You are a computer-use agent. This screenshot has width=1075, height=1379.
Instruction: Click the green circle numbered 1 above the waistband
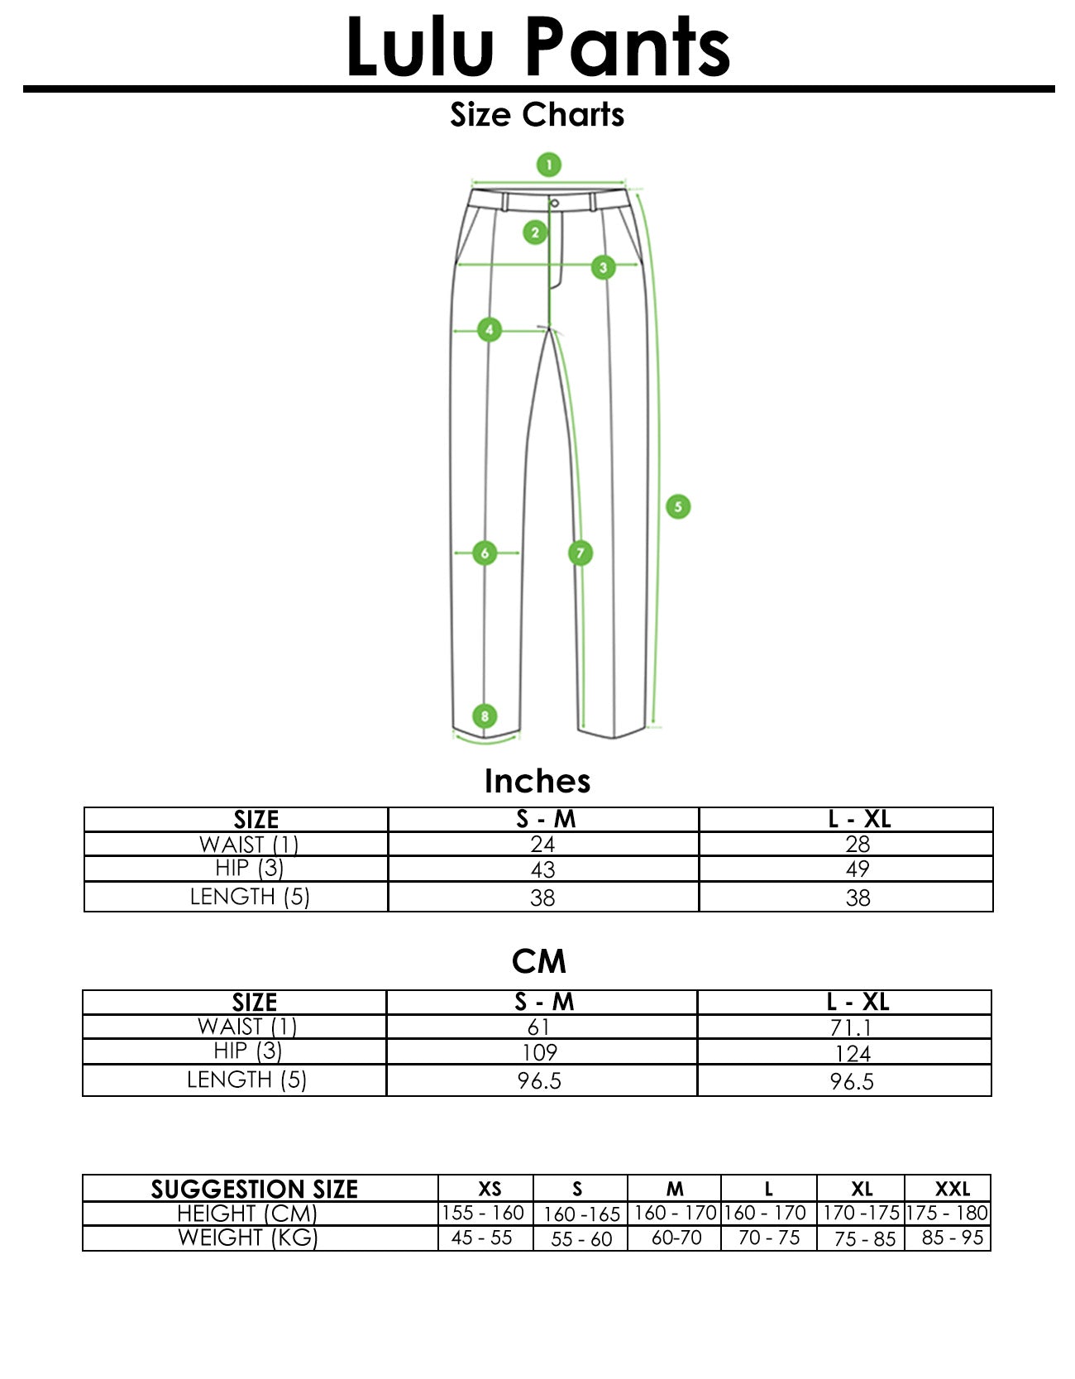tap(548, 165)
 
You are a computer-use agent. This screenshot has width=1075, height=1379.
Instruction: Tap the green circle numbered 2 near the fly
tap(535, 232)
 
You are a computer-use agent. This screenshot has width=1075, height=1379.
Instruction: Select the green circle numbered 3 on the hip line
tap(603, 267)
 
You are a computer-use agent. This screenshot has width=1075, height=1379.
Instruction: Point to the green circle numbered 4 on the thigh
tap(490, 330)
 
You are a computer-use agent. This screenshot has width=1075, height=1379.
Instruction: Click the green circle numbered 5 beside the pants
tap(678, 506)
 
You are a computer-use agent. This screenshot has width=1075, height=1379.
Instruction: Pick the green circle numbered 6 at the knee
tap(485, 553)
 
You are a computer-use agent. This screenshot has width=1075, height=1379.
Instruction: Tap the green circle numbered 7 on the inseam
tap(580, 553)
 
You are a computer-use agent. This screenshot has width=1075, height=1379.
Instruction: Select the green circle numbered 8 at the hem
tap(485, 716)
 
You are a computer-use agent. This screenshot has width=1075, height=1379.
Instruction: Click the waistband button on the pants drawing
tap(554, 203)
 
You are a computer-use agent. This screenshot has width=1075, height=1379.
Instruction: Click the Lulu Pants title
tap(537, 47)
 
